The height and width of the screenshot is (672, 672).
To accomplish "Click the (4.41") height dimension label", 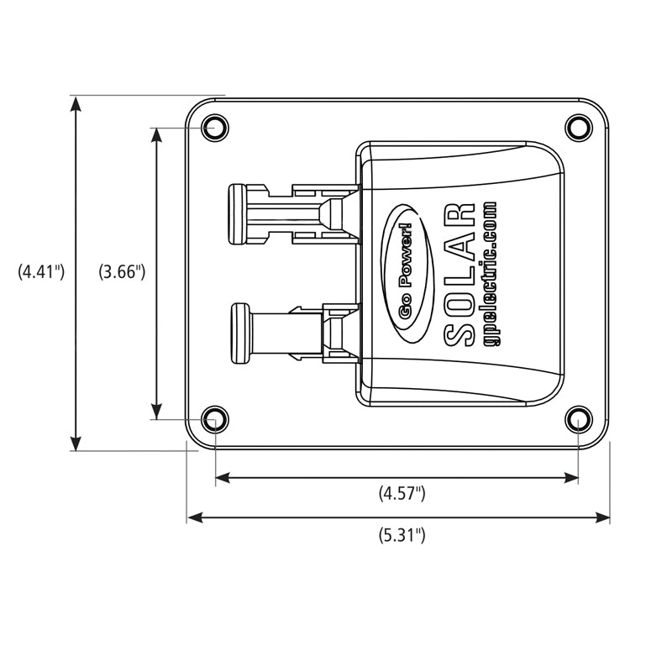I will point(41,272).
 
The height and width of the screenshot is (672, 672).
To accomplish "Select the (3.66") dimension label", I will point(123,272).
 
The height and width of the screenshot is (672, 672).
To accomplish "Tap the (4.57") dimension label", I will point(402,495).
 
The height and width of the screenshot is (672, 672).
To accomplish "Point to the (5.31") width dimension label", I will point(402,535).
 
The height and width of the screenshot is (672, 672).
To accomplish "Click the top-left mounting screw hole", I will point(213,129).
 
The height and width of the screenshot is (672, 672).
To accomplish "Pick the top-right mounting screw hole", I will point(577,128).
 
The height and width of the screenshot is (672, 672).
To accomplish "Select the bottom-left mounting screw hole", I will point(215,417).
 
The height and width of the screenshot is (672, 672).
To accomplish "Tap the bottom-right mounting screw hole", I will point(578,417).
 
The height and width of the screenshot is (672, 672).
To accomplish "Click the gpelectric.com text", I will point(491,274).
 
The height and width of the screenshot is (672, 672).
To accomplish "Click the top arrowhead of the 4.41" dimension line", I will point(76,102).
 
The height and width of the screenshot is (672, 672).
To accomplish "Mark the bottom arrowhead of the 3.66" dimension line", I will point(156,412).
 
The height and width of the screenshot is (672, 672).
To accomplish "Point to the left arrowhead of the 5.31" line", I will point(193,517).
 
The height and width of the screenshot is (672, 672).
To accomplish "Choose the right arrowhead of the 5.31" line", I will point(603,517).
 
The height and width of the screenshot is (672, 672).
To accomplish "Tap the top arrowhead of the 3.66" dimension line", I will point(156,134).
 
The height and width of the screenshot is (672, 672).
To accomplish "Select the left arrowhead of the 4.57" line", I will point(222,478).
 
